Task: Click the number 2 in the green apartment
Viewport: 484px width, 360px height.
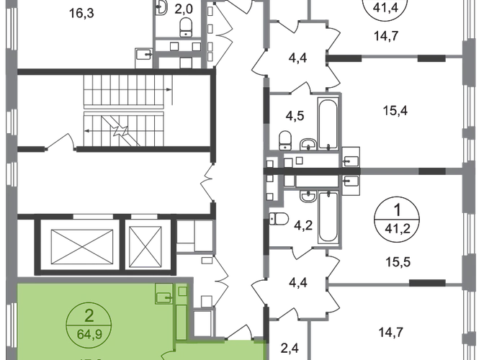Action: tap(89, 315)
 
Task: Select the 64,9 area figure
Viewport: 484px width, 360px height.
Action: tap(89, 332)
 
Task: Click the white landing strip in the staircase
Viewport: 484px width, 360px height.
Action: tap(123, 110)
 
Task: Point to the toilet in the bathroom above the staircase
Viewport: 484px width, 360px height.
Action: tap(186, 28)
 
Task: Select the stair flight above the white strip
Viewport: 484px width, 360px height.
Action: tap(123, 92)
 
